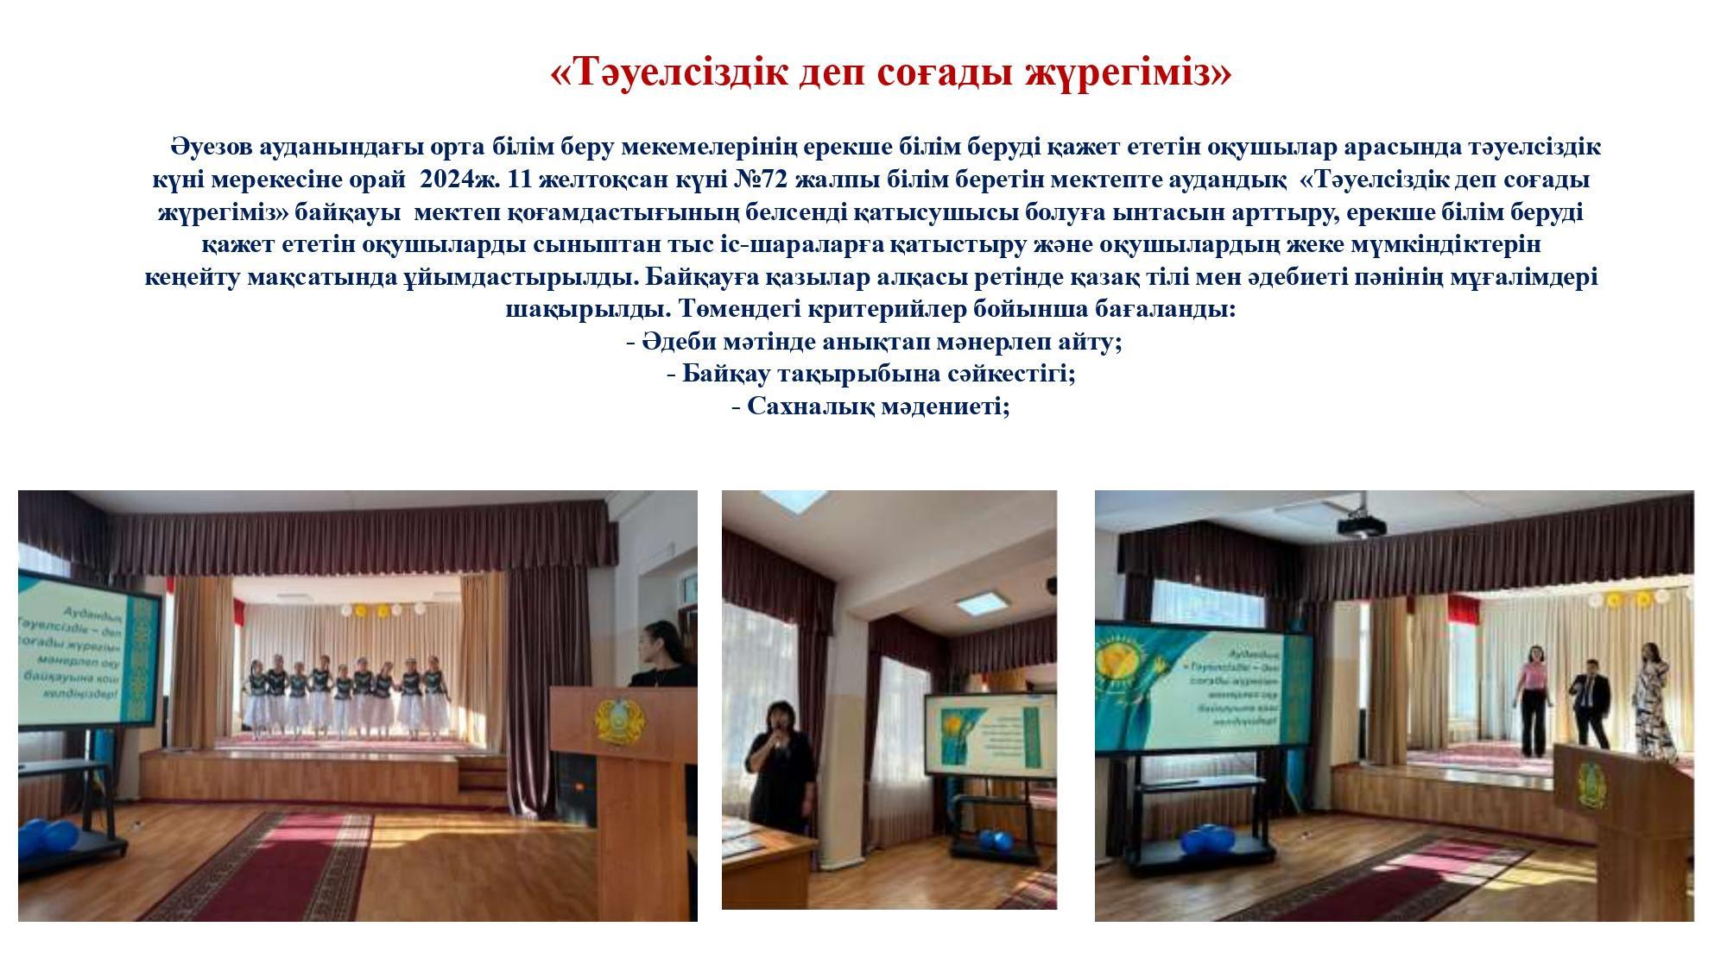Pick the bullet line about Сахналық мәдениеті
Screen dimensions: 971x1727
(x=870, y=407)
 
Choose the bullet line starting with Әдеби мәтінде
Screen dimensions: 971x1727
(x=874, y=342)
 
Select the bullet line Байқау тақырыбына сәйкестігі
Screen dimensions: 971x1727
(x=871, y=374)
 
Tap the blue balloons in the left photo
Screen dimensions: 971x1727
(x=47, y=838)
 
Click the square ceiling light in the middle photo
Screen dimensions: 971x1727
(x=984, y=601)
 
